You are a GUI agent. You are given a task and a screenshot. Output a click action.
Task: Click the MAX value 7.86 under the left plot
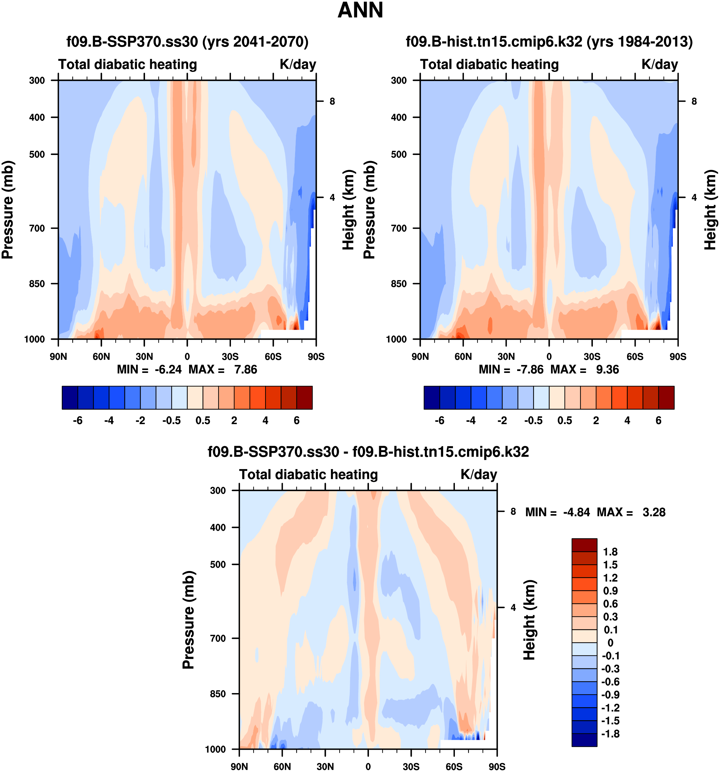point(245,369)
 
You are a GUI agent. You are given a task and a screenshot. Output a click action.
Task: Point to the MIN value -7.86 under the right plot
point(530,369)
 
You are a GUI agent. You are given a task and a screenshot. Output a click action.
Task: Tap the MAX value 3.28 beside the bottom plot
point(654,512)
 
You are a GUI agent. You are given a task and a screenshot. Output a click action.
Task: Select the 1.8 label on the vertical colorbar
point(610,552)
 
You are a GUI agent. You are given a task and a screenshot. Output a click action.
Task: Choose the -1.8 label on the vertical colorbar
point(610,734)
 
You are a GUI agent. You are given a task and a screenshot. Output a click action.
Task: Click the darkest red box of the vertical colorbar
point(584,545)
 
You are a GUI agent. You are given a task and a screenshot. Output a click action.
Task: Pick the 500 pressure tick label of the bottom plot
point(218,564)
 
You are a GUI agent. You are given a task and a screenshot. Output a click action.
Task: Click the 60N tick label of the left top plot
point(101,357)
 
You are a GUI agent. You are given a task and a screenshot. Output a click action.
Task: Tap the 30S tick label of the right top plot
point(592,357)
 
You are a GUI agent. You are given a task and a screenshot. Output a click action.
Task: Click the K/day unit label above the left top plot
point(298,65)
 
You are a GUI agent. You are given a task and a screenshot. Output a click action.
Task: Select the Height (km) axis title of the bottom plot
point(529,620)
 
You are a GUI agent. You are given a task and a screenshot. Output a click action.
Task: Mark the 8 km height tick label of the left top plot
point(332,101)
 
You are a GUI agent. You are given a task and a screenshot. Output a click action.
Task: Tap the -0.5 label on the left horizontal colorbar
point(172,421)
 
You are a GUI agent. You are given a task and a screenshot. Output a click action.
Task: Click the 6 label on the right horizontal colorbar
point(658,421)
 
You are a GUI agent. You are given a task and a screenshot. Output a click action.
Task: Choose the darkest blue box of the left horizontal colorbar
point(70,398)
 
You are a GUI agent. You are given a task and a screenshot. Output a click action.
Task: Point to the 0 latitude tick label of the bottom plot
point(368,767)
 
